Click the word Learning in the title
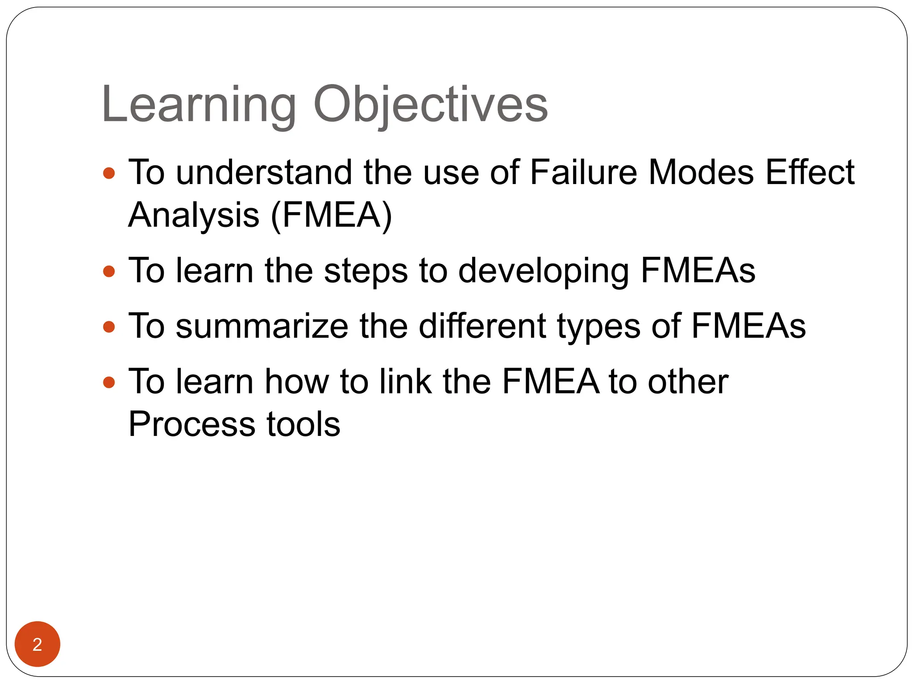point(199,105)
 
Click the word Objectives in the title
point(431,105)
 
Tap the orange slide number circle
point(37,644)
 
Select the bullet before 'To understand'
point(109,173)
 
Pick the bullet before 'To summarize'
point(109,327)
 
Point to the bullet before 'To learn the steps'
point(109,271)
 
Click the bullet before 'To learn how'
point(109,382)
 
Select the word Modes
point(701,172)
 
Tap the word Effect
point(810,172)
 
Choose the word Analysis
point(194,216)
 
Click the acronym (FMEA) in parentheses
point(331,216)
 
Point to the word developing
point(544,272)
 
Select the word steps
point(366,272)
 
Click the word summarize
point(262,326)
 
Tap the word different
point(482,326)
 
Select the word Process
point(192,424)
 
